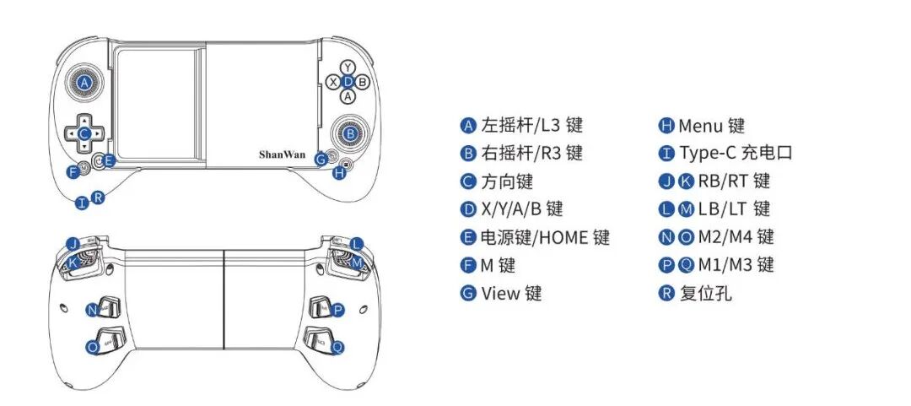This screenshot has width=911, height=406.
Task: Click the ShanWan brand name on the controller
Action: [x=283, y=154]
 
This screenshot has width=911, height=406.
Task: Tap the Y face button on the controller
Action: [x=348, y=66]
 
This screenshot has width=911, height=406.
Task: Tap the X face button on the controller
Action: [x=334, y=82]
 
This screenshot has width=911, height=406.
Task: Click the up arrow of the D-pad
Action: [x=84, y=118]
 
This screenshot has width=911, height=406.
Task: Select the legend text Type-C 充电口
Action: [x=736, y=154]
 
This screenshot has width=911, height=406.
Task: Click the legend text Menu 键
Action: [x=712, y=126]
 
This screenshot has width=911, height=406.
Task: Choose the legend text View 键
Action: [x=511, y=294]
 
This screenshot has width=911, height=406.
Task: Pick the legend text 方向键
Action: [x=507, y=181]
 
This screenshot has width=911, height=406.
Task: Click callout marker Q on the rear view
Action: [x=337, y=346]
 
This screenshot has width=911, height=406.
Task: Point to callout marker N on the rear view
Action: [x=91, y=310]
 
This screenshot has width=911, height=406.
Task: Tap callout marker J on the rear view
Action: [x=73, y=244]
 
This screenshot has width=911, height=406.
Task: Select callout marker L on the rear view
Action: [x=356, y=244]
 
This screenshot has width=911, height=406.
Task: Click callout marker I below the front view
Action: [x=81, y=203]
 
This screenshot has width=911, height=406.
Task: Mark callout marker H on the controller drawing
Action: [x=339, y=173]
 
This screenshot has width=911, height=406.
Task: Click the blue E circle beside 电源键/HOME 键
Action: [x=468, y=238]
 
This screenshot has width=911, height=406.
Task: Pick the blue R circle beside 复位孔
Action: [x=666, y=294]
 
